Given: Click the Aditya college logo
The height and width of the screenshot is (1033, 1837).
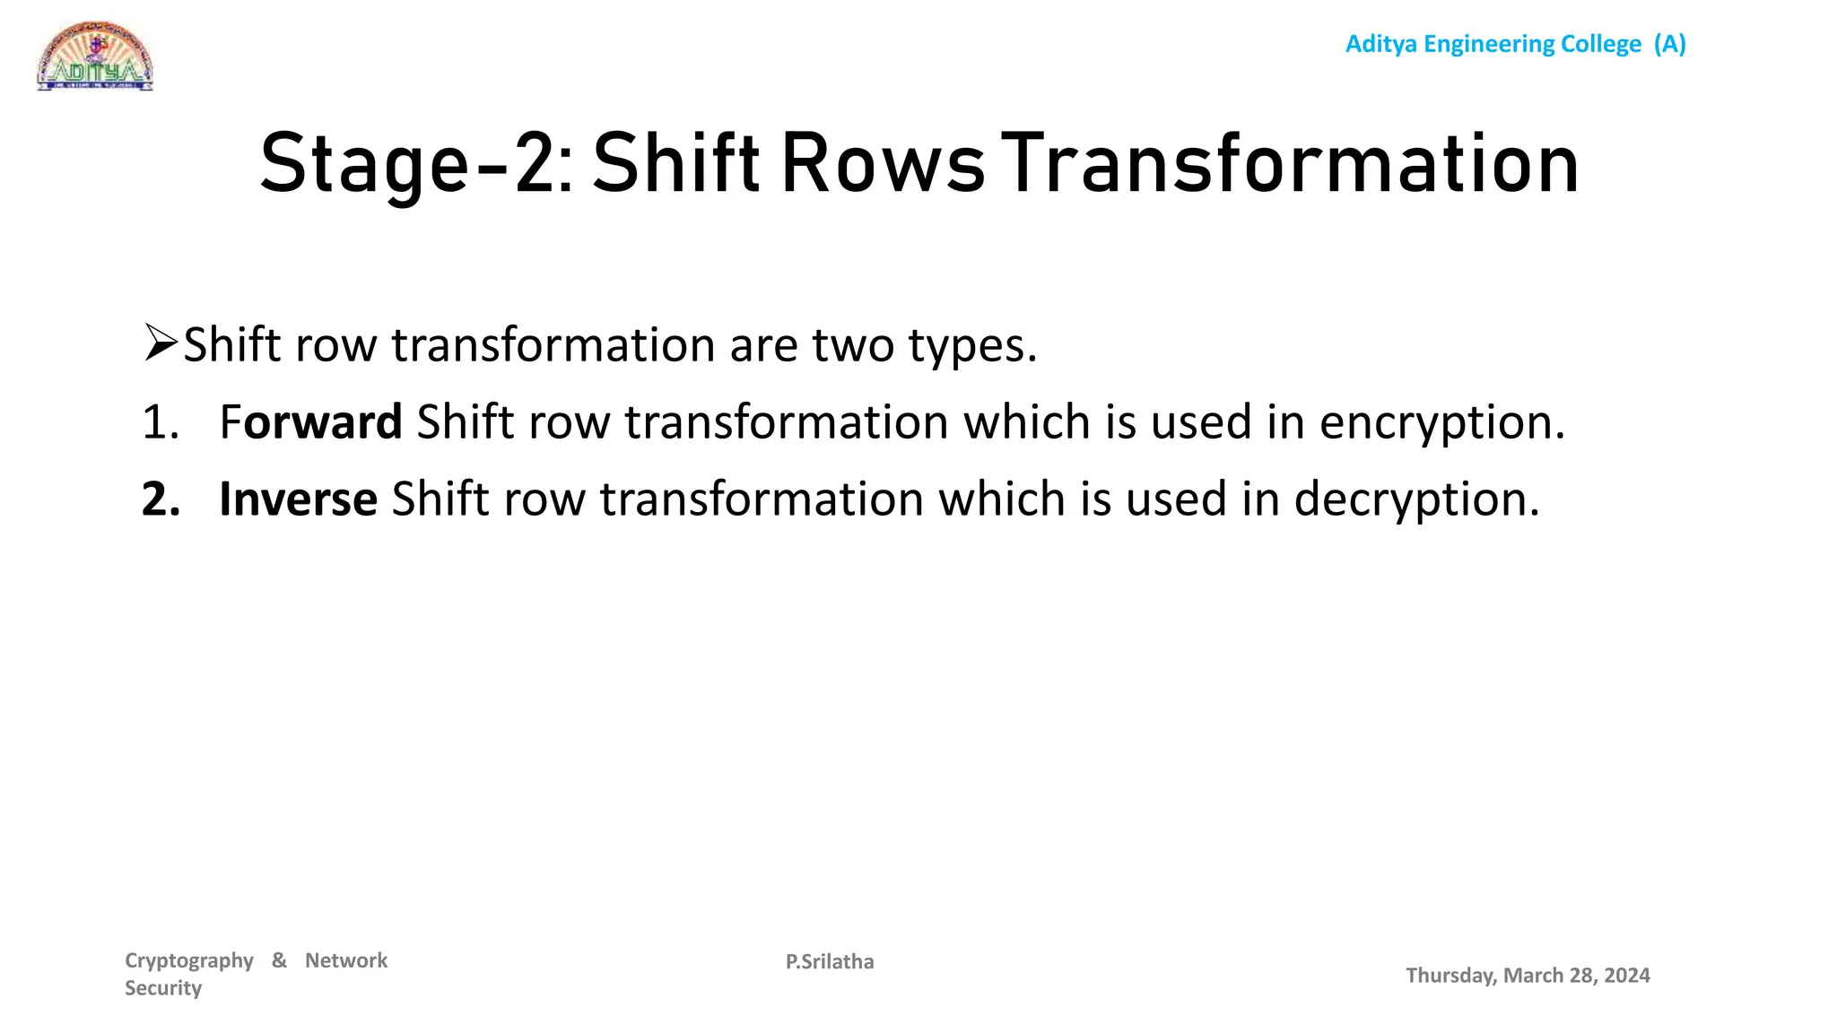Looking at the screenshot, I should [x=95, y=56].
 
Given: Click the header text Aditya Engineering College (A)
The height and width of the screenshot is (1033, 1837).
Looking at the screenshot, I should [x=1515, y=44].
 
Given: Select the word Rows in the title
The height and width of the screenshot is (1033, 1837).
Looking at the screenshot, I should [x=883, y=164].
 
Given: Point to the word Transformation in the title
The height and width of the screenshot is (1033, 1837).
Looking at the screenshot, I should [x=1289, y=164].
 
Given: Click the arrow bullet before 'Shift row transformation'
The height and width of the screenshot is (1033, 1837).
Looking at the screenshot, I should [x=161, y=343].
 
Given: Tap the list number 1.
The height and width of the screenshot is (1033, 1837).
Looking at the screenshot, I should [x=160, y=422].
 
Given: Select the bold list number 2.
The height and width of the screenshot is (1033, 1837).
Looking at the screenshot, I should [x=161, y=499].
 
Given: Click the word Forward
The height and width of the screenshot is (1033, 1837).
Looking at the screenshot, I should [x=310, y=422].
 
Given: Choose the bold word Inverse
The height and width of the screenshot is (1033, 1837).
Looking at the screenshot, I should [x=298, y=499].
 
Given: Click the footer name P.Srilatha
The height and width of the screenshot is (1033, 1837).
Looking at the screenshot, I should [x=830, y=962].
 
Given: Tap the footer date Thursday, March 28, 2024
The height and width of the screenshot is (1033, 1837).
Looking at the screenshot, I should [x=1528, y=976].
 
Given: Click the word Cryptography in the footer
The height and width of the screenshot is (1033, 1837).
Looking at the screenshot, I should [x=189, y=961].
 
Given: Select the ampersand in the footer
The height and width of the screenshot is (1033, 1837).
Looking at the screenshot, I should [x=279, y=960].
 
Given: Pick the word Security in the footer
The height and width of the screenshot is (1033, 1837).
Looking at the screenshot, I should [x=163, y=988].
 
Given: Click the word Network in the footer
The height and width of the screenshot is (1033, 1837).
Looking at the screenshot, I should [x=346, y=960].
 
